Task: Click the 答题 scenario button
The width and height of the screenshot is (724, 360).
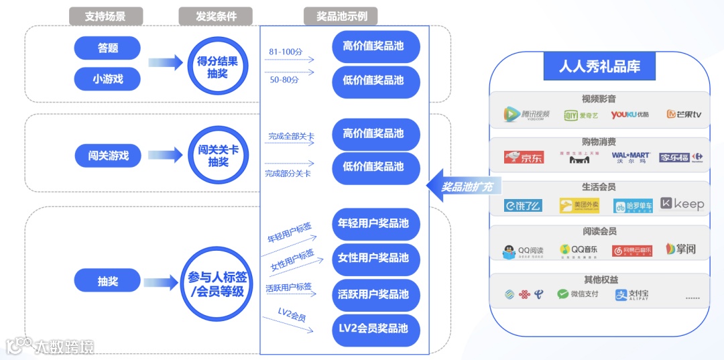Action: pyautogui.click(x=107, y=48)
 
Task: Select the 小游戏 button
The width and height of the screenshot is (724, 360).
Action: pyautogui.click(x=107, y=79)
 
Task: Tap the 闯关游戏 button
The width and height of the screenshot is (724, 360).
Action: pyautogui.click(x=108, y=156)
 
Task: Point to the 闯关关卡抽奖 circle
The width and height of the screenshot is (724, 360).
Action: pyautogui.click(x=218, y=156)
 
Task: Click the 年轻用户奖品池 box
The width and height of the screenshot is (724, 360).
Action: pyautogui.click(x=373, y=223)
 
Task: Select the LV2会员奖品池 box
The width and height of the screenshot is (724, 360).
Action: pyautogui.click(x=373, y=328)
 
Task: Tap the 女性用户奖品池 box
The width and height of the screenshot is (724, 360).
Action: pyautogui.click(x=373, y=258)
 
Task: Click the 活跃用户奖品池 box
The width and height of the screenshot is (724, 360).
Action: pyautogui.click(x=373, y=294)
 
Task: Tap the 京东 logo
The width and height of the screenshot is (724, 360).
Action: pyautogui.click(x=524, y=158)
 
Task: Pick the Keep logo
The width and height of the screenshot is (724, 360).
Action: pyautogui.click(x=682, y=204)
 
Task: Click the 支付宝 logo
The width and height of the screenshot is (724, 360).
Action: pyautogui.click(x=631, y=294)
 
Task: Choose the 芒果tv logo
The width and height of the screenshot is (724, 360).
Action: pyautogui.click(x=683, y=114)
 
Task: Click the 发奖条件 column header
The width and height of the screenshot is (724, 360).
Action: pyautogui.click(x=215, y=16)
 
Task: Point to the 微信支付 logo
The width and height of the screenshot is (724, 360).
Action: pyautogui.click(x=577, y=294)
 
